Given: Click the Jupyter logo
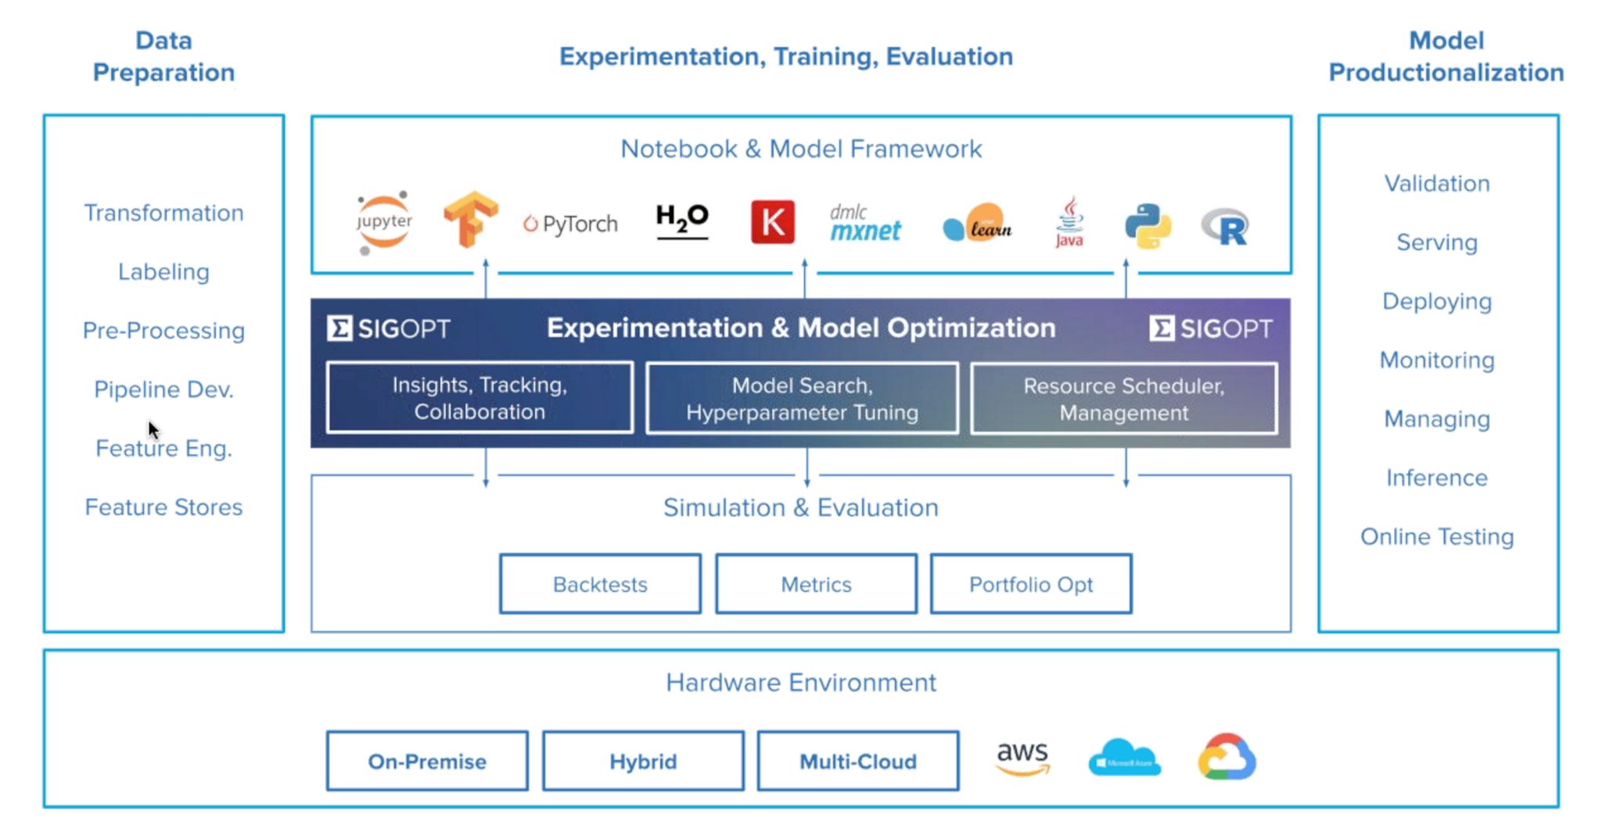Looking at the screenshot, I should click(383, 222).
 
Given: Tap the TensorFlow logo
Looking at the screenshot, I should click(470, 219).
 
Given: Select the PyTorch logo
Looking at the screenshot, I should click(570, 224).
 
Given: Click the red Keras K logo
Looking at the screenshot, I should click(772, 222).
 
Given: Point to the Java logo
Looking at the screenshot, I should click(1069, 222).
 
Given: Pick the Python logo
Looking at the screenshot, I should click(1148, 226).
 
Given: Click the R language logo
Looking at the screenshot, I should click(1225, 227).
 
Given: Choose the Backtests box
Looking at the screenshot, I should click(600, 584).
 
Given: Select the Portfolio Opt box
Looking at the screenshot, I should click(1030, 584).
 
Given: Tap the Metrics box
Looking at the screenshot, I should click(816, 584).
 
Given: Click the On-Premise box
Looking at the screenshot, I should click(427, 761).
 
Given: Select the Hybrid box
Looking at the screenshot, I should click(643, 761).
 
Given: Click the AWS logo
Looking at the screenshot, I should click(1022, 757).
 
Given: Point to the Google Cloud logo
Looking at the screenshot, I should click(1227, 757).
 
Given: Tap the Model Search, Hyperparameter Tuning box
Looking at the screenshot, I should click(802, 398).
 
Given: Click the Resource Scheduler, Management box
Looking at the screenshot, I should click(1124, 399).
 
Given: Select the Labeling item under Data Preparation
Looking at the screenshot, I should click(163, 272).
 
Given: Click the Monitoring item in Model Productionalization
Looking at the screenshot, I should click(1437, 360).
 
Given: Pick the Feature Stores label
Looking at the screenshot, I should click(163, 507).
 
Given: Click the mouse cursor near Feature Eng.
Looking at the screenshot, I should click(153, 429).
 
